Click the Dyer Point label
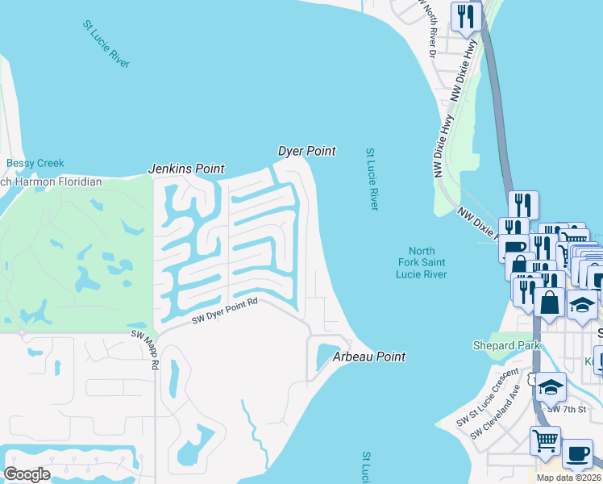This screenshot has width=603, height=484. click(306, 151)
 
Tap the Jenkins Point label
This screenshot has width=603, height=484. click(185, 169)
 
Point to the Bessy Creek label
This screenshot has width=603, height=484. click(35, 163)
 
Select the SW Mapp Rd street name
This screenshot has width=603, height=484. click(154, 349)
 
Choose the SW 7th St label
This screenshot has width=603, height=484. click(564, 409)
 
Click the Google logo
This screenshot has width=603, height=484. click(27, 474)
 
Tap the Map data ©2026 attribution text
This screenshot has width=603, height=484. click(568, 478)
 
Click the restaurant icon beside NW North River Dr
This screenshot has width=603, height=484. click(466, 16)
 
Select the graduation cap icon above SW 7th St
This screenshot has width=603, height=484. click(551, 386)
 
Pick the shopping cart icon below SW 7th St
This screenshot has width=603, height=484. click(545, 441)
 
